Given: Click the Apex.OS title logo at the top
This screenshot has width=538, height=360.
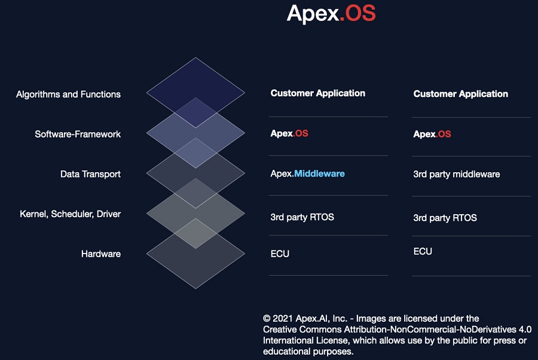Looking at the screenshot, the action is tap(331, 14).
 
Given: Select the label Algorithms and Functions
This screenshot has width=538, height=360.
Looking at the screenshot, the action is tap(68, 94).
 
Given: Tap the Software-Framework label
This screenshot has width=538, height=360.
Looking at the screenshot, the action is tap(78, 134).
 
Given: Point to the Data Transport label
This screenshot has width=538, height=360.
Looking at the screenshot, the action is tap(91, 175).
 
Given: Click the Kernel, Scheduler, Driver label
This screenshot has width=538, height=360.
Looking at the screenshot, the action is tap(71, 214).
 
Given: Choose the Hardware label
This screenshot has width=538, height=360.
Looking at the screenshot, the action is tap(101, 254).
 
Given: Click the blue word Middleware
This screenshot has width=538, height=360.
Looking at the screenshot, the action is tap(319, 173).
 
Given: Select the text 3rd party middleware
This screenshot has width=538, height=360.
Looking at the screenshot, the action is tap(456, 175).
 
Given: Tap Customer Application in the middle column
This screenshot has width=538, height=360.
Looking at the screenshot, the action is tap(318, 93).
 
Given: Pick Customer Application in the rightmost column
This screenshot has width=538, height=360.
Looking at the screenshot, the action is tap(460, 94).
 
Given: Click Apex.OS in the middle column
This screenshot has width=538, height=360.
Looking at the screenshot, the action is tap(289, 133).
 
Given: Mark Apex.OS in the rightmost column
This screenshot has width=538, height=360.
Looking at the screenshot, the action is tap(432, 134).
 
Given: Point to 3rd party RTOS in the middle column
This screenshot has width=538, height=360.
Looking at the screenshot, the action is tap(302, 217).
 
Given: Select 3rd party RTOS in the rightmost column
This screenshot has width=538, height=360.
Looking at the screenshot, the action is tap(445, 218).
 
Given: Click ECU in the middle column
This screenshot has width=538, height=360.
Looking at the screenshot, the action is tap(280, 254).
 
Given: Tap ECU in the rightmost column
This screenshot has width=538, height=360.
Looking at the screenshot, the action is tap(423, 252).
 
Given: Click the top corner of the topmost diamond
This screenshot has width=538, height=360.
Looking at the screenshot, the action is tap(195, 57).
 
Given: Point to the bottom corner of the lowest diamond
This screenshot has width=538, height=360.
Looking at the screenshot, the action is tap(195, 289).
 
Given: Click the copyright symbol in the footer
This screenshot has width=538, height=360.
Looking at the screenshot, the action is tap(267, 319).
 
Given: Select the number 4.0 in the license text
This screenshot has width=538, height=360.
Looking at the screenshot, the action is tap(525, 330).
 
